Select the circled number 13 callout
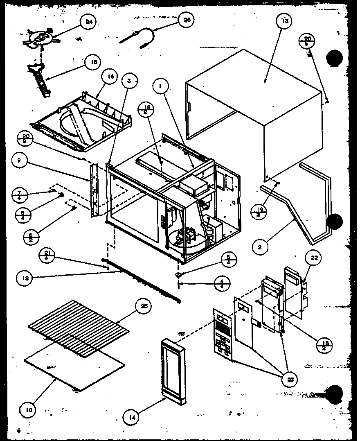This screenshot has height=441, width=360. (x=285, y=21)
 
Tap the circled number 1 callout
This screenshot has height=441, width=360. (x=161, y=87)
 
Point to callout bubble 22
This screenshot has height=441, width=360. (x=315, y=258)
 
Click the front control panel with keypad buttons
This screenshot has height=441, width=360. (x=223, y=335)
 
